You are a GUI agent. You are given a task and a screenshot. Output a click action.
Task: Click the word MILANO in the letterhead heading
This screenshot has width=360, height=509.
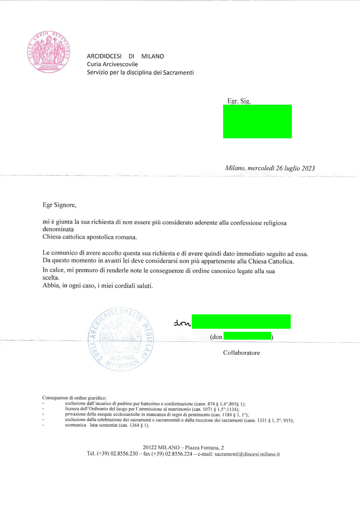click(x=153, y=56)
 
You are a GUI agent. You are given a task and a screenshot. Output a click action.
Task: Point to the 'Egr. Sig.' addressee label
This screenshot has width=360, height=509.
click(x=239, y=101)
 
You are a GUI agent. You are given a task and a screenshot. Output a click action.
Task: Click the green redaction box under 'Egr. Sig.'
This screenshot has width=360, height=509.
click(x=257, y=121)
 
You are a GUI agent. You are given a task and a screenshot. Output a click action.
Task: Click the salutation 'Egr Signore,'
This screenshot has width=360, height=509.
click(x=59, y=203)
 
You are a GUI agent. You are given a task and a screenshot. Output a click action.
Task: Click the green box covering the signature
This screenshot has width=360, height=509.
click(x=241, y=322)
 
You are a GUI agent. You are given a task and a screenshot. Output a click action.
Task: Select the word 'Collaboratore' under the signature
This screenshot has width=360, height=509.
click(x=241, y=353)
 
